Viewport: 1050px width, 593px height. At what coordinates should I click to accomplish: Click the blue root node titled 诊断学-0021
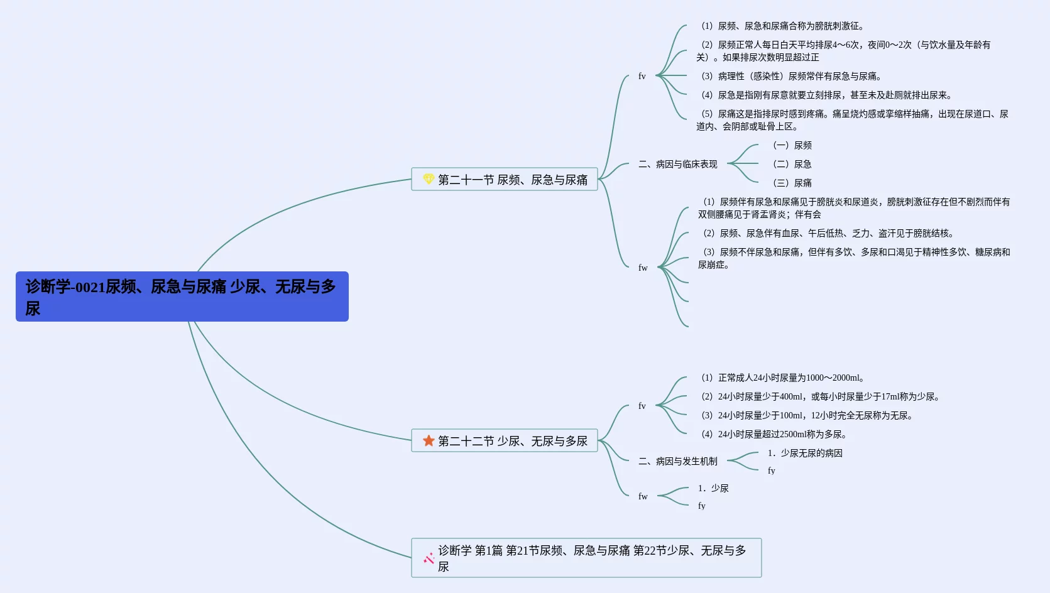(182, 296)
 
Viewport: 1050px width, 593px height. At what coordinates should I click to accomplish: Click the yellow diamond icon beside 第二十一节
(429, 179)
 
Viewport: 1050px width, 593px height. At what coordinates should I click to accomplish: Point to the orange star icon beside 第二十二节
(429, 440)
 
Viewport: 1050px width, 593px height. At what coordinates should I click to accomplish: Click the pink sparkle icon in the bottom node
(429, 558)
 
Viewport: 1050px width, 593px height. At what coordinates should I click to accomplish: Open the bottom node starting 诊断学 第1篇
(591, 558)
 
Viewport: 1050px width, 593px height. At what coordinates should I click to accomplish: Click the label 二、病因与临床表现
(678, 164)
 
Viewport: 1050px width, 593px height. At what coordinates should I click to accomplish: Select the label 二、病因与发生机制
(678, 461)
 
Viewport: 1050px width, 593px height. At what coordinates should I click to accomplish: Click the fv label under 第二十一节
(642, 76)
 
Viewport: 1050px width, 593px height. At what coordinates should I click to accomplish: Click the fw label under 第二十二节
(643, 496)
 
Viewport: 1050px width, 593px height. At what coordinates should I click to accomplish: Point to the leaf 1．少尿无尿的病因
(805, 453)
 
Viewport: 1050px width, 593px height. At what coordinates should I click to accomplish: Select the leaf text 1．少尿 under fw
(713, 488)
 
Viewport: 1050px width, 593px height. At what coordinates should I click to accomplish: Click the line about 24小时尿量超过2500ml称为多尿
(774, 434)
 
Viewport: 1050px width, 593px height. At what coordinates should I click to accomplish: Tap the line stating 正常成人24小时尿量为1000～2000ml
(783, 378)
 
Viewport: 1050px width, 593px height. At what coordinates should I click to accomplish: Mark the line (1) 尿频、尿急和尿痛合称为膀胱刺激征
(783, 26)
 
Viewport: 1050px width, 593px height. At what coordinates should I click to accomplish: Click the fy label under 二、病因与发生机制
(771, 471)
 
